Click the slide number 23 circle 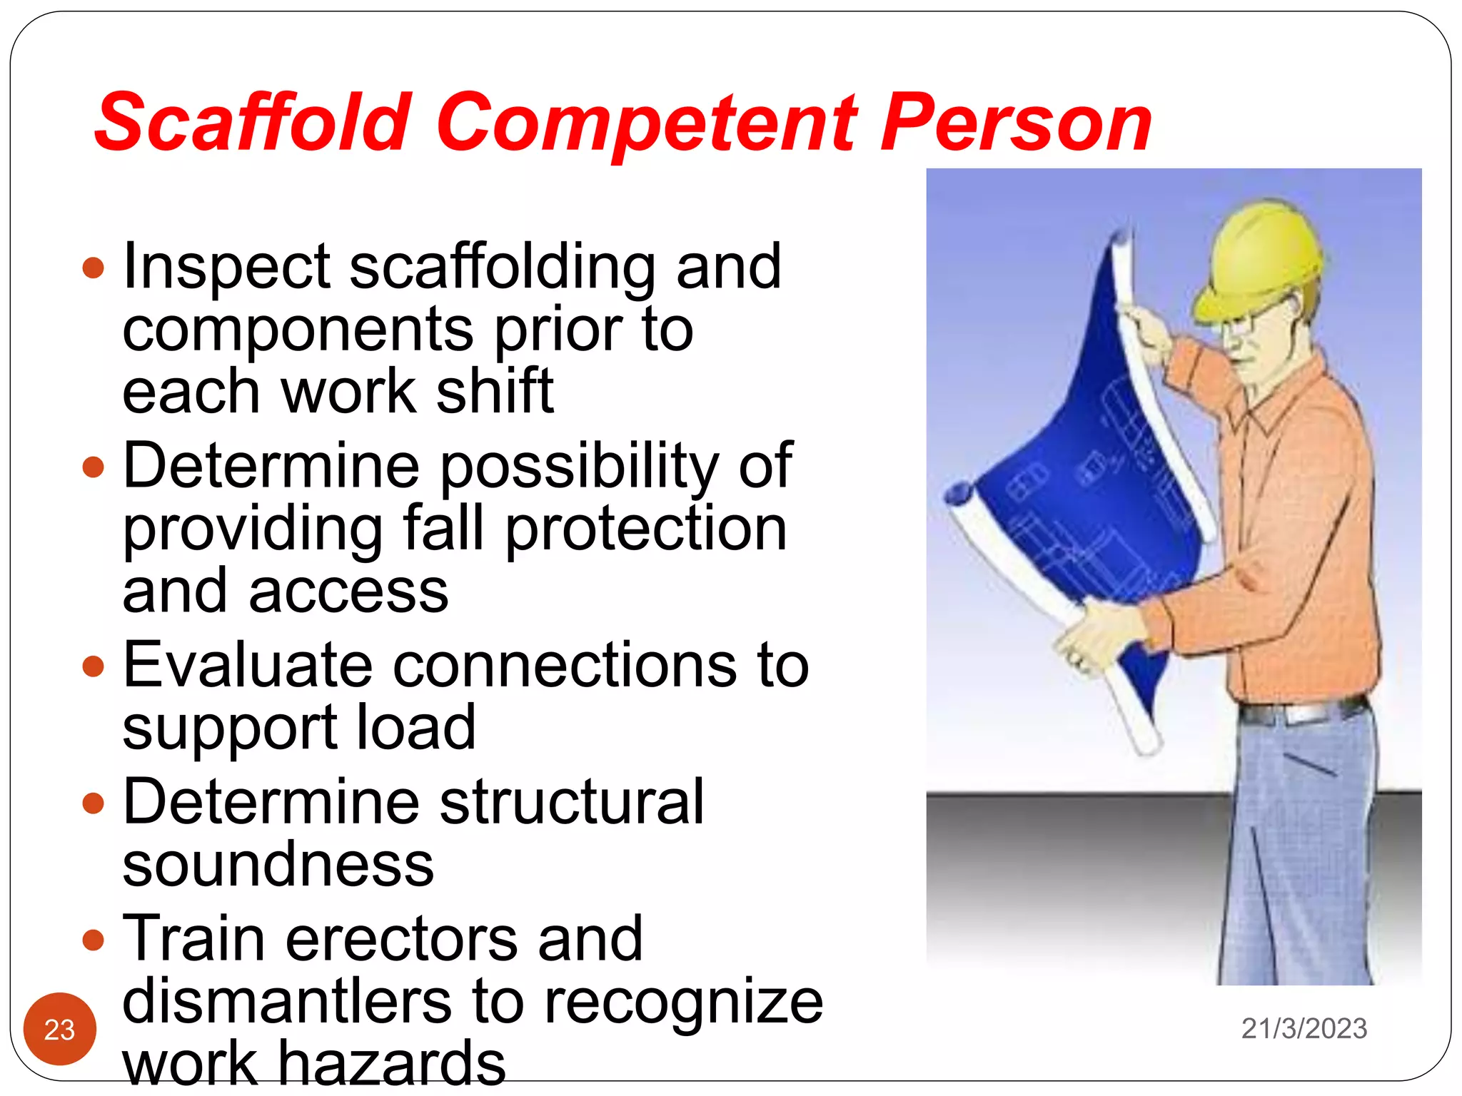[x=60, y=1028]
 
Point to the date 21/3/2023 [x=1304, y=1028]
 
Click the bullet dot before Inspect [x=94, y=268]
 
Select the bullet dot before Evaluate [x=94, y=666]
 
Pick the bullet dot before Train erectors [x=94, y=940]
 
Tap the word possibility [x=579, y=467]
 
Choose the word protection [x=645, y=529]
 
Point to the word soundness [x=278, y=865]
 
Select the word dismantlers [x=286, y=1001]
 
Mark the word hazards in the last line [x=391, y=1062]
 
